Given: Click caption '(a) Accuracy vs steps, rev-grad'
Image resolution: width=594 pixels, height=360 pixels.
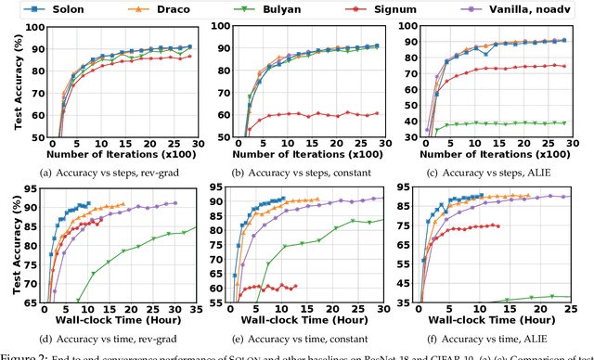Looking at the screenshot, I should [109, 171].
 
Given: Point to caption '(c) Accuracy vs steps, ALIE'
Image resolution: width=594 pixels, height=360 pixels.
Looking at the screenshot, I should [497, 171].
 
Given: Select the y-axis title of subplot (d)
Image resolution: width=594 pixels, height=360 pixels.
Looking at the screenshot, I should [8, 248].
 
